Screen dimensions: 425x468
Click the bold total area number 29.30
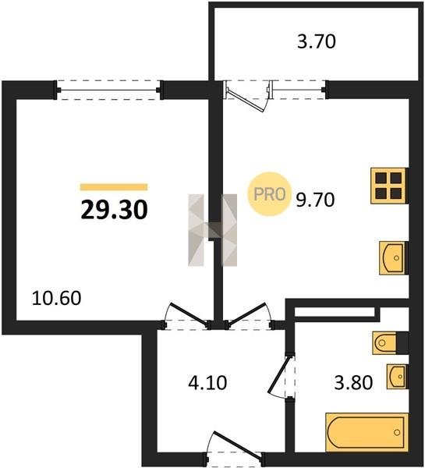(114, 210)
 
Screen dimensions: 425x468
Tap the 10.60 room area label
(56, 298)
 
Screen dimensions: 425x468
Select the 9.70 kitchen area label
(315, 200)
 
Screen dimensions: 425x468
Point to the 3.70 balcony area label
(317, 41)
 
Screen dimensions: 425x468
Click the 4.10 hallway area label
(207, 383)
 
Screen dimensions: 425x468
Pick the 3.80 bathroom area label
(353, 383)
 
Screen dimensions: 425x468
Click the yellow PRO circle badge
(269, 194)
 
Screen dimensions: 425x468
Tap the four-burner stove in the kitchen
(388, 186)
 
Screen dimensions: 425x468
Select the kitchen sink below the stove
(393, 258)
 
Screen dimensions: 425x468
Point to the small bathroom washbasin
(397, 377)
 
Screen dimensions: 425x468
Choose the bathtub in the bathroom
(367, 432)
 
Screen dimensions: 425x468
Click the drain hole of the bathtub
(397, 432)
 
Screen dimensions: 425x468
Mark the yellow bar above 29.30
(114, 187)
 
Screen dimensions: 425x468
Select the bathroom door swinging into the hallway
(278, 375)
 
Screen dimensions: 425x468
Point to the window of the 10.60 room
(108, 90)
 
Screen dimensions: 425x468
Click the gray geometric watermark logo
(212, 230)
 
